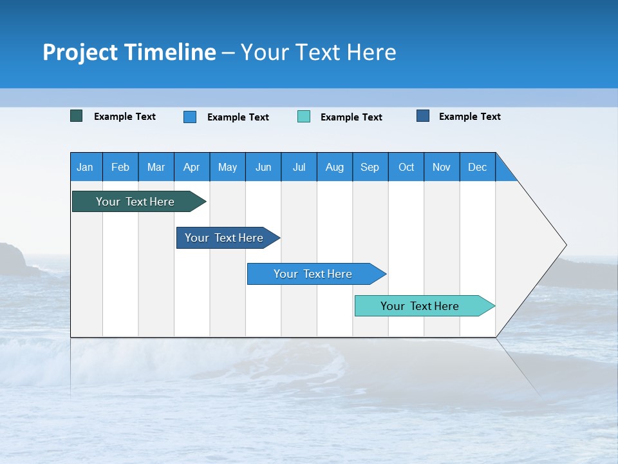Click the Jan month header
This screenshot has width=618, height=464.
(86, 167)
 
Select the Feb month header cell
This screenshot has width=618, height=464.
(120, 167)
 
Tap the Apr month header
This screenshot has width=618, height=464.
(191, 167)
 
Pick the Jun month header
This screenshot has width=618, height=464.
(263, 167)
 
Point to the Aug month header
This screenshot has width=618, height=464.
(335, 167)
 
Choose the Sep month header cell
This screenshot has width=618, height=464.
(370, 167)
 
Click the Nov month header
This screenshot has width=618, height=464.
(442, 167)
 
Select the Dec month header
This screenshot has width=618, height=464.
(477, 167)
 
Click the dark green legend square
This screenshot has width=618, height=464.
(77, 116)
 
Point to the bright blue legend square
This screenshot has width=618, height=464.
(190, 117)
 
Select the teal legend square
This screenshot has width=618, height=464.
(304, 117)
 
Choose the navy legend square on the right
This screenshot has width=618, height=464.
(423, 116)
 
